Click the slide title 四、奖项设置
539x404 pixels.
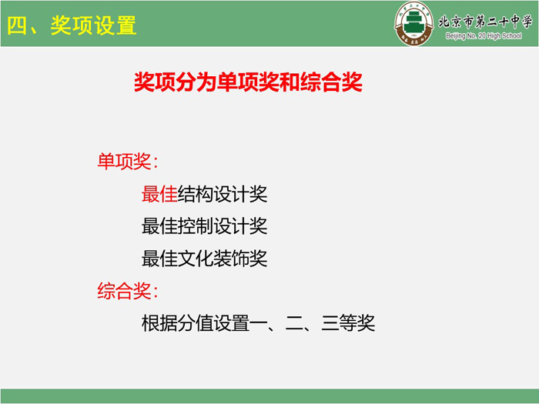click(72, 25)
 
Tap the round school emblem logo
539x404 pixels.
click(413, 24)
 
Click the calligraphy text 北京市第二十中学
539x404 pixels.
click(485, 22)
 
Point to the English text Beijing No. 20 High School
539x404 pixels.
click(484, 35)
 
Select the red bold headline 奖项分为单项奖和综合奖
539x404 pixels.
click(248, 82)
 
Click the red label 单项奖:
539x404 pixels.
click(128, 161)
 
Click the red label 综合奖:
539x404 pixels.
click(128, 291)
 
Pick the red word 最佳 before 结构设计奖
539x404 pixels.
click(159, 194)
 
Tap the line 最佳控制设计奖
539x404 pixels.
click(205, 226)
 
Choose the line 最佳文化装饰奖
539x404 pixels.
click(205, 259)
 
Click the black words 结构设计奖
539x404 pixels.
click(223, 194)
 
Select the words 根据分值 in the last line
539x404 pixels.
click(177, 323)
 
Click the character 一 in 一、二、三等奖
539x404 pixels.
click(259, 323)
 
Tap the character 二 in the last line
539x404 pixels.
click(295, 323)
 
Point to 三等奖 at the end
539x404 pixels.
click(348, 323)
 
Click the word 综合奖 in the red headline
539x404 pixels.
click(331, 82)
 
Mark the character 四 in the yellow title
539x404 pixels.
click(17, 25)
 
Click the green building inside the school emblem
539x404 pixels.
click(413, 22)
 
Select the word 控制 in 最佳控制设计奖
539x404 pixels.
click(196, 226)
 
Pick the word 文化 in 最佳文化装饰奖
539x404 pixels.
click(196, 259)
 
